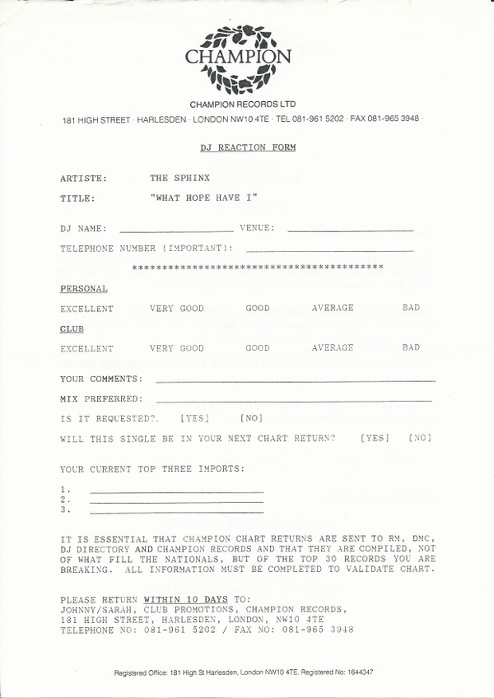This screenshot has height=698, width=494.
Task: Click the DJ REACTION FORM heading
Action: [x=247, y=147]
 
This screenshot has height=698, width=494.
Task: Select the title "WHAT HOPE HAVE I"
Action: [x=204, y=198]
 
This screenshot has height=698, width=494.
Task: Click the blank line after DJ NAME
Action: [x=176, y=230]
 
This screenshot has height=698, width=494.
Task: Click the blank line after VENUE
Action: [x=351, y=230]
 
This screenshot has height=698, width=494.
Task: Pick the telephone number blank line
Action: [x=329, y=249]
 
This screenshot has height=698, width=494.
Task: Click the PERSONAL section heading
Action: [x=83, y=289]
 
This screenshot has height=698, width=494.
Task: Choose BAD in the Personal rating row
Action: [x=411, y=308]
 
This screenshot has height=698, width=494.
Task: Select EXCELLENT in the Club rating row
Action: [x=86, y=348]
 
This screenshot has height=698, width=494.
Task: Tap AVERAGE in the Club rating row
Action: [x=333, y=348]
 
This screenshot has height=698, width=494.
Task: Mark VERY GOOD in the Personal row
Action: [x=176, y=308]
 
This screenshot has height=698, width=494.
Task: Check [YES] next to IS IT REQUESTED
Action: [x=194, y=418]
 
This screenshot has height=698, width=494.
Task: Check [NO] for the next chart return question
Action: [x=419, y=438]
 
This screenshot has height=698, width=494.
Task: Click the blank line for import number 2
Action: [x=176, y=501]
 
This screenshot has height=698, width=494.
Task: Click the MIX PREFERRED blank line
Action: [x=293, y=400]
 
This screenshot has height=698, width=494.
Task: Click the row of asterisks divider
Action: [x=258, y=268]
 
